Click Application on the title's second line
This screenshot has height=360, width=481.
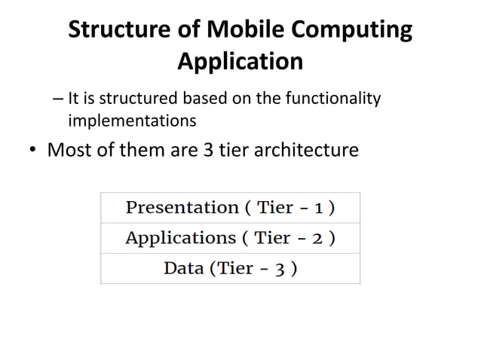(x=240, y=61)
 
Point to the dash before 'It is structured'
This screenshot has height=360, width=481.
(x=60, y=99)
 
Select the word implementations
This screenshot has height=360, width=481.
(x=132, y=120)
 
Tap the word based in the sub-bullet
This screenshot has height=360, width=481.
(x=199, y=98)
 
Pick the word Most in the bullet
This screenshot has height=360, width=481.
(x=71, y=150)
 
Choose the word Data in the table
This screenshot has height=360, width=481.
(x=183, y=268)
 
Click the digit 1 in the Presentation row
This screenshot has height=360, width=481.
(x=320, y=208)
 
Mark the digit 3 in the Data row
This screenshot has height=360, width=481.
(x=279, y=269)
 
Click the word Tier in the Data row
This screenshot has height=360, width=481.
(x=236, y=268)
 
